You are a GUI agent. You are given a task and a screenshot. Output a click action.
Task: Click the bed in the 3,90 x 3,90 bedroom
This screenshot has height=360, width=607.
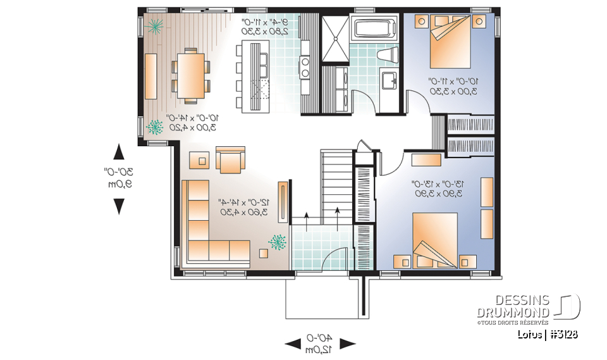click(435, 239)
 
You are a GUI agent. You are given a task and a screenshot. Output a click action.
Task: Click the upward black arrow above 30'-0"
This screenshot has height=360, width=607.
click(118, 152)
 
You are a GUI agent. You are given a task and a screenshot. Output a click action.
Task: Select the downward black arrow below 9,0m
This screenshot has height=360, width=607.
click(118, 206)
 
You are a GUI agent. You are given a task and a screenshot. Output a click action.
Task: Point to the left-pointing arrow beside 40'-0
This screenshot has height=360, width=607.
click(293, 344)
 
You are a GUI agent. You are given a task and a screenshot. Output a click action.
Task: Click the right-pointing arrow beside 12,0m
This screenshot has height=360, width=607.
click(348, 344)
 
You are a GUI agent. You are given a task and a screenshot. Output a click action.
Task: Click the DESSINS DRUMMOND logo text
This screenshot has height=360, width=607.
click(513, 306)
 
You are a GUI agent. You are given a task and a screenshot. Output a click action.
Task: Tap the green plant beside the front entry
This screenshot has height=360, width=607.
click(276, 242)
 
